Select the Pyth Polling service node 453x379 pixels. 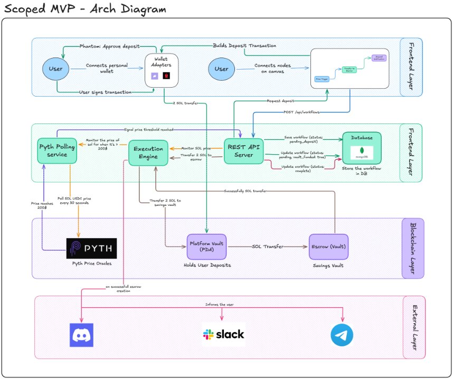click(x=57, y=150)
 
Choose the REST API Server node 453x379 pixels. click(x=243, y=150)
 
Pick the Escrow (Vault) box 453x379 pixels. click(x=328, y=247)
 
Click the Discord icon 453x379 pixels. click(x=81, y=335)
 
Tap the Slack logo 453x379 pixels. click(x=223, y=334)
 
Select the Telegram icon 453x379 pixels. click(x=342, y=335)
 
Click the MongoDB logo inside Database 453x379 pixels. click(x=362, y=153)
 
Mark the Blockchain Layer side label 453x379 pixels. click(x=412, y=248)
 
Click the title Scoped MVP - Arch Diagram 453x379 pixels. click(x=84, y=9)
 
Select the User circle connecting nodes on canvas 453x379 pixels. click(x=221, y=69)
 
